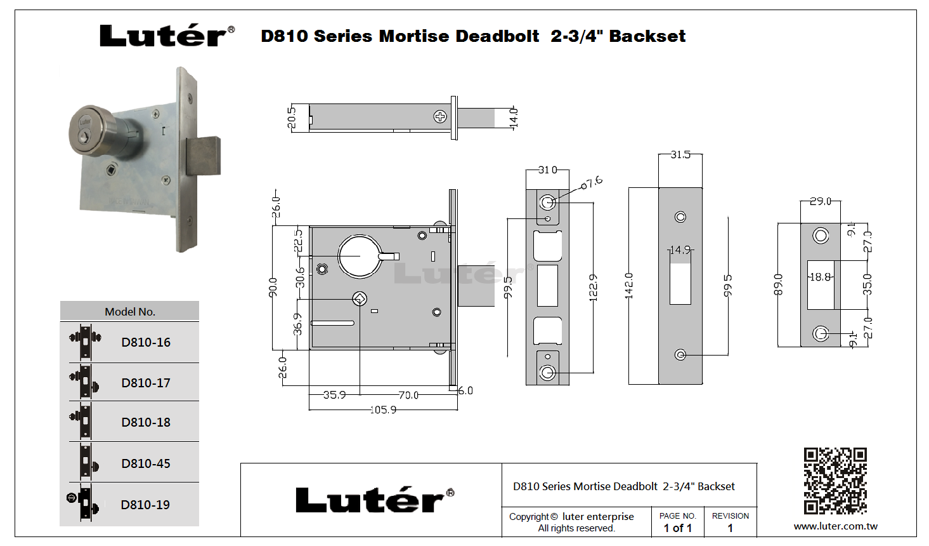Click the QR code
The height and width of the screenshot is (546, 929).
click(835, 481)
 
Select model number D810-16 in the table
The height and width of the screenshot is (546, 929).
click(146, 342)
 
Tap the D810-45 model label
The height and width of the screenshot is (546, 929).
click(146, 463)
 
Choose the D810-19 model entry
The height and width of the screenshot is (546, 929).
click(145, 505)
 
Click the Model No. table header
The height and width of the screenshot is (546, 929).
click(130, 311)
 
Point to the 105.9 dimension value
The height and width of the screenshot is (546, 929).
click(383, 409)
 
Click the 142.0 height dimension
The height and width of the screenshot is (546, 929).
click(628, 286)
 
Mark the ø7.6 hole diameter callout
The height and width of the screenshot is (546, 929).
click(592, 182)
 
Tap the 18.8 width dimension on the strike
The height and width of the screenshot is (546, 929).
click(821, 277)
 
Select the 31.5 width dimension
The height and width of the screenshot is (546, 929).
click(680, 154)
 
